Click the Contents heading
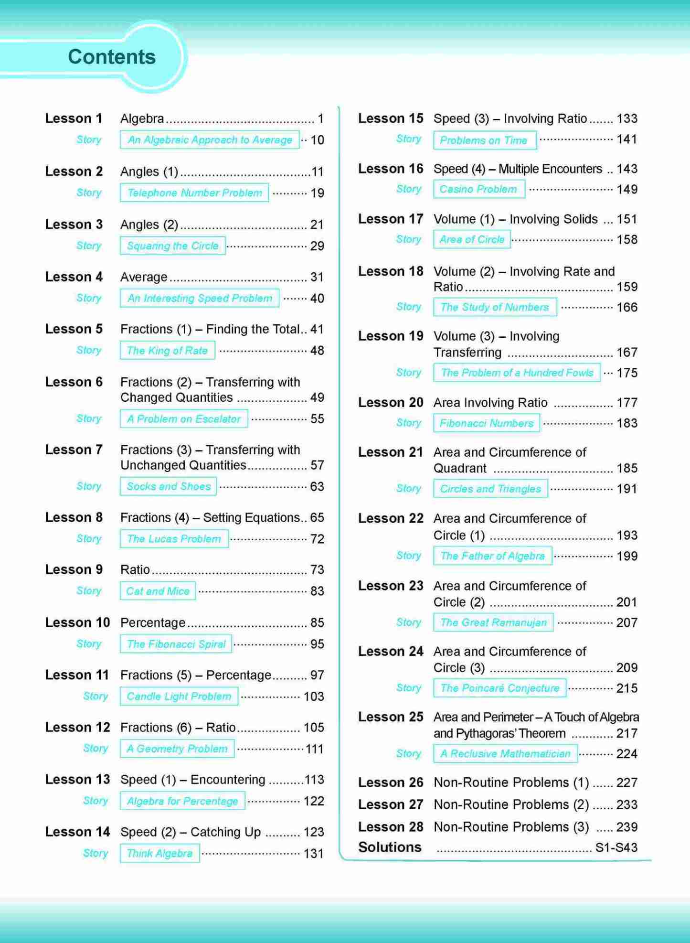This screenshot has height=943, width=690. click(x=112, y=57)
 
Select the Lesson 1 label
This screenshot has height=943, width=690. click(x=74, y=118)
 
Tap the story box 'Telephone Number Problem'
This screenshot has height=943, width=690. click(x=194, y=193)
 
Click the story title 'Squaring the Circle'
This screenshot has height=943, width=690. click(x=172, y=246)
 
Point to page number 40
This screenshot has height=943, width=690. click(x=317, y=298)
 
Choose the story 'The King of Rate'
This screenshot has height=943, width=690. click(x=167, y=350)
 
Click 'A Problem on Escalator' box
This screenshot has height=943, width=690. click(x=184, y=418)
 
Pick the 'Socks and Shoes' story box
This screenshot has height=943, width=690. click(x=169, y=486)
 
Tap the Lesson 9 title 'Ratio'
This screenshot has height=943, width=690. click(x=135, y=569)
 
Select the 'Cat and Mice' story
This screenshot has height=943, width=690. click(x=158, y=591)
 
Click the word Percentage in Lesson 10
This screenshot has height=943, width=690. click(x=153, y=622)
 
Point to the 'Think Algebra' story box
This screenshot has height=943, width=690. click(x=159, y=853)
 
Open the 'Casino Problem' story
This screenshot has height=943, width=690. click(x=478, y=189)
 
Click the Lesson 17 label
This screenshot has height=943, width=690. click(x=390, y=219)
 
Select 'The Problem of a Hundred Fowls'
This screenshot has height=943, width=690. click(x=517, y=373)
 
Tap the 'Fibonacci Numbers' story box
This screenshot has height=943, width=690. click(x=486, y=423)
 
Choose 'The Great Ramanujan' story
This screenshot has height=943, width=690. click(x=493, y=622)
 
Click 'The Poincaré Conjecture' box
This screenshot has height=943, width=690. click(x=499, y=688)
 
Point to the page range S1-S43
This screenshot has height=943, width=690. click(x=616, y=847)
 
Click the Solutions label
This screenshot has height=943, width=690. click(x=390, y=847)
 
